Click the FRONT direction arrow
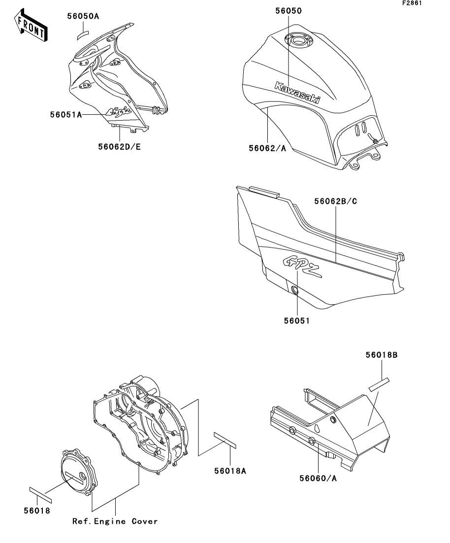[31, 27]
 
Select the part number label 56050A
[83, 16]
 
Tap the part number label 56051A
[65, 115]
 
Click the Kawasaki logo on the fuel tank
[296, 93]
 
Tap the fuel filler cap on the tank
[297, 40]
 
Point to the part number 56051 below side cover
[297, 320]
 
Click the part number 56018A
[229, 471]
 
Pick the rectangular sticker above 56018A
[225, 440]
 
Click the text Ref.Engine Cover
[115, 521]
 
